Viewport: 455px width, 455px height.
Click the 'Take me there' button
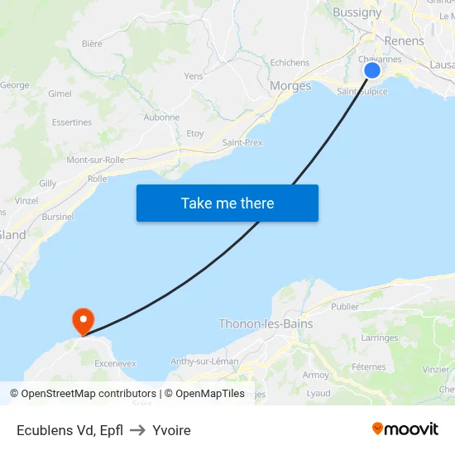pyautogui.click(x=227, y=203)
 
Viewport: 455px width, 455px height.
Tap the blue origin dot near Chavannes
pyautogui.click(x=372, y=70)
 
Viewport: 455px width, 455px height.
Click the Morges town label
pyautogui.click(x=290, y=86)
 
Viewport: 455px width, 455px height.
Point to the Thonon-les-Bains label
pyautogui.click(x=266, y=324)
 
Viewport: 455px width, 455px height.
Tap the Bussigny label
pyautogui.click(x=357, y=12)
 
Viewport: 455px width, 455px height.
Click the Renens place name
pyautogui.click(x=404, y=41)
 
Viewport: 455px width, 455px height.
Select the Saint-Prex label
pyautogui.click(x=242, y=142)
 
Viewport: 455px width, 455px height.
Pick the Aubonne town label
pyautogui.click(x=161, y=117)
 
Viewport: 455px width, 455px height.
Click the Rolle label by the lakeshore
pyautogui.click(x=98, y=178)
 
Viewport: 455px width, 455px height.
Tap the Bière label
pyautogui.click(x=92, y=43)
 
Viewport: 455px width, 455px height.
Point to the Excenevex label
pyautogui.click(x=115, y=363)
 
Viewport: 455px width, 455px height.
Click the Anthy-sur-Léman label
pyautogui.click(x=204, y=362)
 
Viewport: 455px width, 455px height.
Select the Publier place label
pyautogui.click(x=345, y=306)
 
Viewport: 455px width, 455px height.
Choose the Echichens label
pyautogui.click(x=290, y=63)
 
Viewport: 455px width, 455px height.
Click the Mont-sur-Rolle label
pyautogui.click(x=95, y=160)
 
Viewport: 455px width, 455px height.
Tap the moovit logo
pyautogui.click(x=405, y=429)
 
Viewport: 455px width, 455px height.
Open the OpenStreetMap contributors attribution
pyautogui.click(x=89, y=394)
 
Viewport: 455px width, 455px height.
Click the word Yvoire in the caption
pyautogui.click(x=172, y=430)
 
